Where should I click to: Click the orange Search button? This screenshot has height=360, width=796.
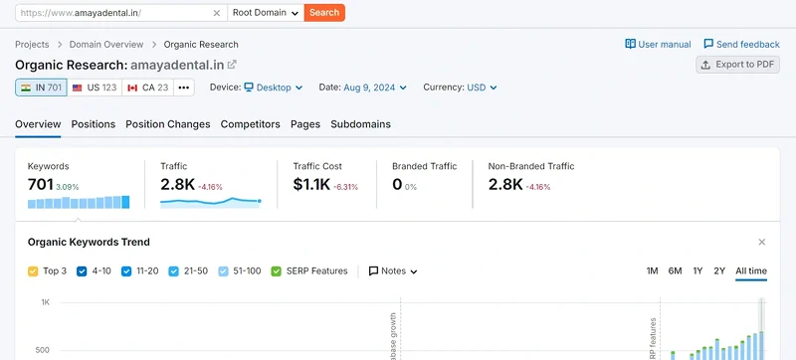pyautogui.click(x=324, y=13)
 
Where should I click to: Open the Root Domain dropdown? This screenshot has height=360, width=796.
pyautogui.click(x=265, y=13)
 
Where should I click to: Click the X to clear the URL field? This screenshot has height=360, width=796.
pyautogui.click(x=217, y=13)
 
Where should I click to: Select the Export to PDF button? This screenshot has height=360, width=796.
pyautogui.click(x=737, y=65)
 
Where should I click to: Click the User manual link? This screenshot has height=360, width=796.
pyautogui.click(x=658, y=45)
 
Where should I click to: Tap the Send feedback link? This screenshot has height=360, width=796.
pyautogui.click(x=741, y=45)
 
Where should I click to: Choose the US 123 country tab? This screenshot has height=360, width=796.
pyautogui.click(x=95, y=88)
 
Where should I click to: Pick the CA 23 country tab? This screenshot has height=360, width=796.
pyautogui.click(x=148, y=88)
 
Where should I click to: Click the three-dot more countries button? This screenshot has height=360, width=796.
pyautogui.click(x=184, y=88)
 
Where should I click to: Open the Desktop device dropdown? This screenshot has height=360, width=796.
pyautogui.click(x=274, y=88)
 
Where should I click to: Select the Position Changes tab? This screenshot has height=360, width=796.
pyautogui.click(x=167, y=124)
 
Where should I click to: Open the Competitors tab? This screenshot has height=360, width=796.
pyautogui.click(x=250, y=124)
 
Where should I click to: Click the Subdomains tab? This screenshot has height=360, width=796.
pyautogui.click(x=360, y=124)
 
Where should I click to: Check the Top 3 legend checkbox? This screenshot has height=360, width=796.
pyautogui.click(x=34, y=270)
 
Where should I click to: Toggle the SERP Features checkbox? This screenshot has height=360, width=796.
pyautogui.click(x=276, y=270)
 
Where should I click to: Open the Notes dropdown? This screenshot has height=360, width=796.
pyautogui.click(x=393, y=270)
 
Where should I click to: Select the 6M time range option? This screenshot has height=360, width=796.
pyautogui.click(x=675, y=270)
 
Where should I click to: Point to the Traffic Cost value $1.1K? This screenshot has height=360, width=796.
pyautogui.click(x=312, y=184)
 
